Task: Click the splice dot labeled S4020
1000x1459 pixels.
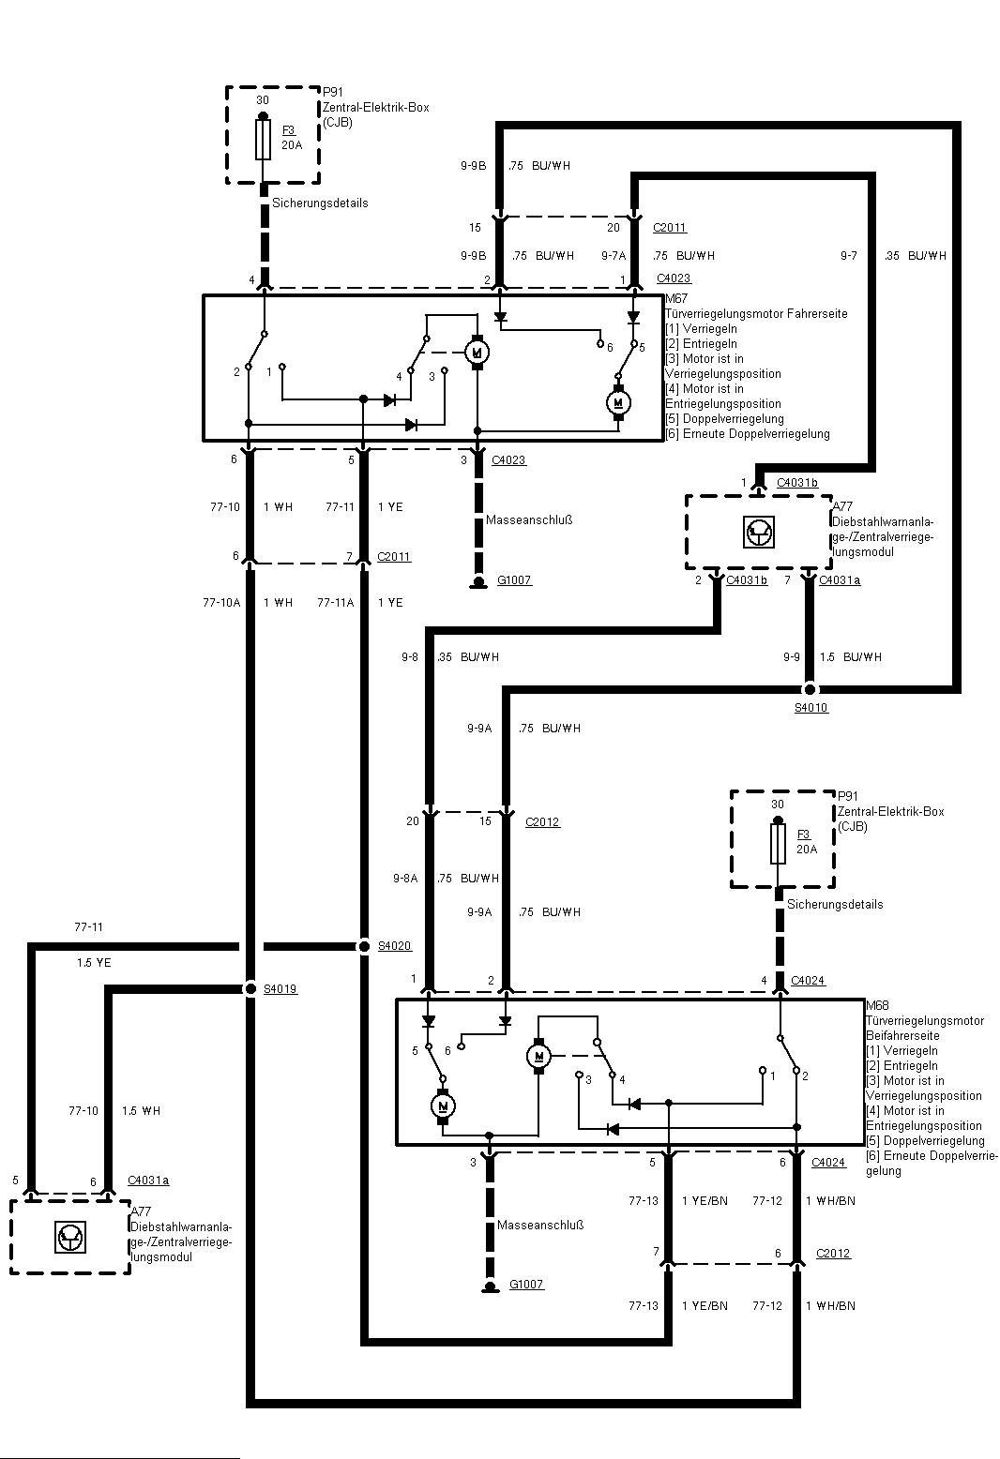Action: click(364, 947)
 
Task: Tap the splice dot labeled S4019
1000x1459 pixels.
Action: click(250, 988)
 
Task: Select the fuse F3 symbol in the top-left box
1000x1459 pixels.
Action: click(265, 139)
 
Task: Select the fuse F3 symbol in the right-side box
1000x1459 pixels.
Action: click(778, 843)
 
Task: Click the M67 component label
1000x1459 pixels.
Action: click(676, 299)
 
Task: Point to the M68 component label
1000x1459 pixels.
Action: click(877, 1005)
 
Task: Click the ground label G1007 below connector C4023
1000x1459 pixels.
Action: click(514, 580)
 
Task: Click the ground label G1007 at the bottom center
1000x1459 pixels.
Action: click(526, 1285)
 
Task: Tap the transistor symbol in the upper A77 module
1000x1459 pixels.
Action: click(758, 533)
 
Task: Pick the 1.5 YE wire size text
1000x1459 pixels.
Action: click(94, 963)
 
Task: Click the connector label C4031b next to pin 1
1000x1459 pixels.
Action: click(796, 483)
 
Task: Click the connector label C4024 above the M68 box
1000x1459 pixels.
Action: click(808, 981)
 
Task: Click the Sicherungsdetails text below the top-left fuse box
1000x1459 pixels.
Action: click(320, 203)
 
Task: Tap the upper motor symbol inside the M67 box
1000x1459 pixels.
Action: click(477, 352)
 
